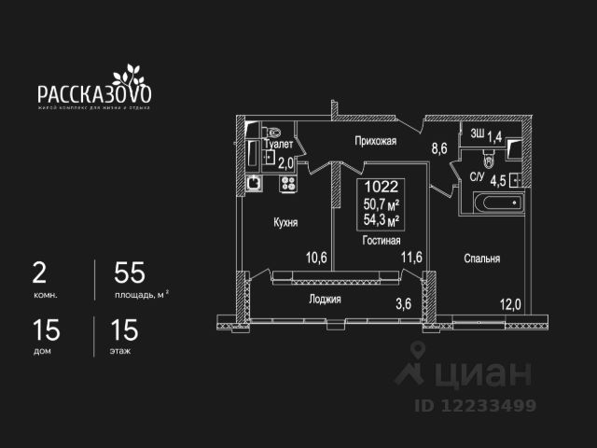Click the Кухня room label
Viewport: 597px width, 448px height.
coord(285,223)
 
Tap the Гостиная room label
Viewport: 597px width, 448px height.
coord(382,240)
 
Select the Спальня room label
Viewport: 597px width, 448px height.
coord(480,259)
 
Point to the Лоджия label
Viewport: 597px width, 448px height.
coord(325,300)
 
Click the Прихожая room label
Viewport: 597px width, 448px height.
coord(376,142)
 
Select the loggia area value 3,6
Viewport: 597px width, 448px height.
coord(403,302)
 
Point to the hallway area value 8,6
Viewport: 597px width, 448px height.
coord(438,147)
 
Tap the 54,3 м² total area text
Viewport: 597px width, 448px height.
coord(382,220)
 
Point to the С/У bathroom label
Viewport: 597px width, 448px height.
coord(476,176)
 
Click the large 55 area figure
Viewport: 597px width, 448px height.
coord(130,274)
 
